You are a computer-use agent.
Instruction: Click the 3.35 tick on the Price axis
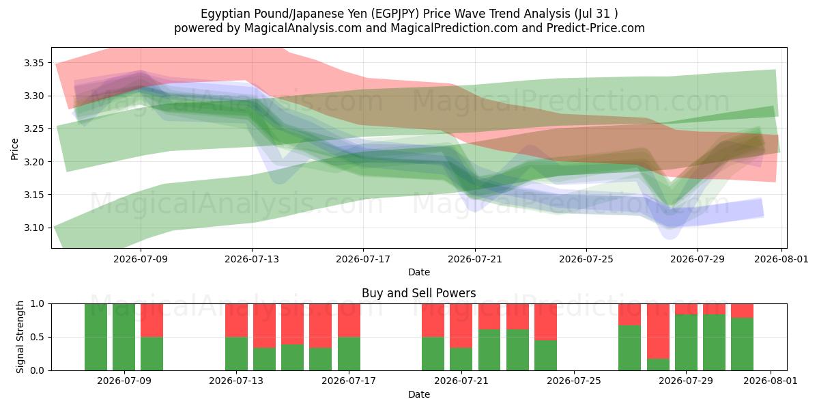(x=33, y=63)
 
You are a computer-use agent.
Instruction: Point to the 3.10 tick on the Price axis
(x=33, y=228)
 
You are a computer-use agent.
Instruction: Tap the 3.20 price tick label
(x=33, y=162)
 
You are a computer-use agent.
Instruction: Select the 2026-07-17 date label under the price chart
(x=363, y=259)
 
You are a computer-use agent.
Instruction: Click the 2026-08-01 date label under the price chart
(x=781, y=259)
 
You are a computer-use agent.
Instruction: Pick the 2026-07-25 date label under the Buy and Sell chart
(x=574, y=381)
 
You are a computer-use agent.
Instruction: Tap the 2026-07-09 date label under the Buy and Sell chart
(x=124, y=381)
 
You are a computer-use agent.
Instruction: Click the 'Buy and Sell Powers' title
(x=419, y=293)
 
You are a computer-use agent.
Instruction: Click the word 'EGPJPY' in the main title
(x=395, y=14)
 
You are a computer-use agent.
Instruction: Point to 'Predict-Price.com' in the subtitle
(x=596, y=28)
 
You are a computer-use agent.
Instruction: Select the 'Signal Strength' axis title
(x=20, y=337)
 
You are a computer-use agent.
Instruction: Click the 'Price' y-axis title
(x=14, y=149)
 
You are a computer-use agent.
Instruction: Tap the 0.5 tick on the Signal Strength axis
(x=38, y=337)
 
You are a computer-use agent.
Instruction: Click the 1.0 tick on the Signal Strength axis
(x=38, y=304)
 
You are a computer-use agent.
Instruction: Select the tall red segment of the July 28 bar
(x=658, y=331)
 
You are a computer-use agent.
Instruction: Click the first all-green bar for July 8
(x=96, y=337)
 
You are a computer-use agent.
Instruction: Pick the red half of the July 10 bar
(x=152, y=320)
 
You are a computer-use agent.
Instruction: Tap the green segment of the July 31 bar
(x=743, y=344)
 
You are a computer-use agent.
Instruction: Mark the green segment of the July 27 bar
(x=629, y=348)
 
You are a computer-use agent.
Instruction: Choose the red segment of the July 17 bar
(x=349, y=320)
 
